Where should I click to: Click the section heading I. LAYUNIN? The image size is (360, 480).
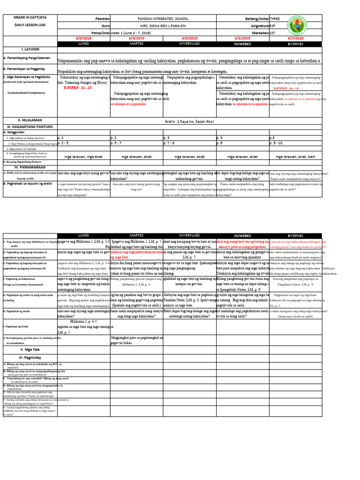point(29,49)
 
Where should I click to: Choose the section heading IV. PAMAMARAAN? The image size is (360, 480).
point(29,166)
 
